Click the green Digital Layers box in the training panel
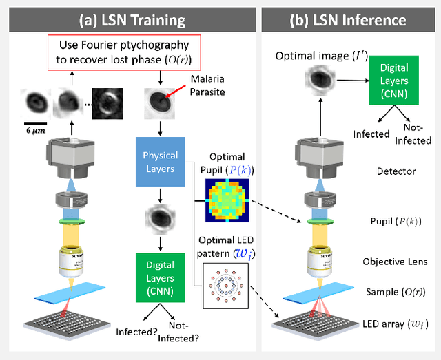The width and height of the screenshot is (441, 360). coord(160,275)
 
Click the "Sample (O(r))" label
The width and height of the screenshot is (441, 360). coord(398,292)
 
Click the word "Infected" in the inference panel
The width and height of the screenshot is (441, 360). coord(371,134)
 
